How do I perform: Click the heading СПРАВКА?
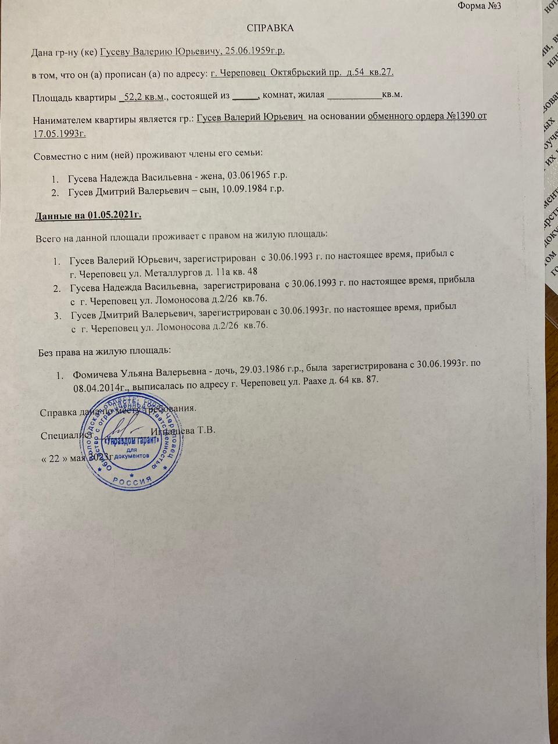pos(270,28)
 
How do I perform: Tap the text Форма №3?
pos(479,6)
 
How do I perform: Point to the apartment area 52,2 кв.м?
pos(144,95)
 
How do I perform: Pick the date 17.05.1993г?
pos(60,133)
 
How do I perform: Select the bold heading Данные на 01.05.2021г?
pos(89,216)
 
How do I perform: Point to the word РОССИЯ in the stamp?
pos(131,480)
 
